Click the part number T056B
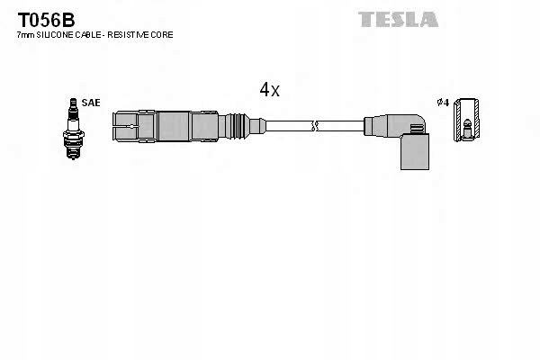pyautogui.click(x=46, y=21)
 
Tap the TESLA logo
pyautogui.click(x=398, y=19)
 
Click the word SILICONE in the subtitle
pyautogui.click(x=54, y=35)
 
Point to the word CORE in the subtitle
pyautogui.click(x=163, y=35)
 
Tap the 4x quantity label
pyautogui.click(x=270, y=90)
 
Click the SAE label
pyautogui.click(x=91, y=103)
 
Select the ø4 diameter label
pyautogui.click(x=443, y=103)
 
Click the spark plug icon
pyautogui.click(x=74, y=129)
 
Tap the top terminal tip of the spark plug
pyautogui.click(x=73, y=100)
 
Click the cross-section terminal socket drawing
pyautogui.click(x=466, y=120)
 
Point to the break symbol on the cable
pyautogui.click(x=314, y=126)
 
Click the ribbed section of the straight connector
pyautogui.click(x=237, y=126)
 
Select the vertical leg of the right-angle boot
pyautogui.click(x=415, y=151)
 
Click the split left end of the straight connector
pyautogui.click(x=125, y=126)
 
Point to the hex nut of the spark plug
pyautogui.click(x=74, y=135)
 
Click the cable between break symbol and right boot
pyautogui.click(x=340, y=126)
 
